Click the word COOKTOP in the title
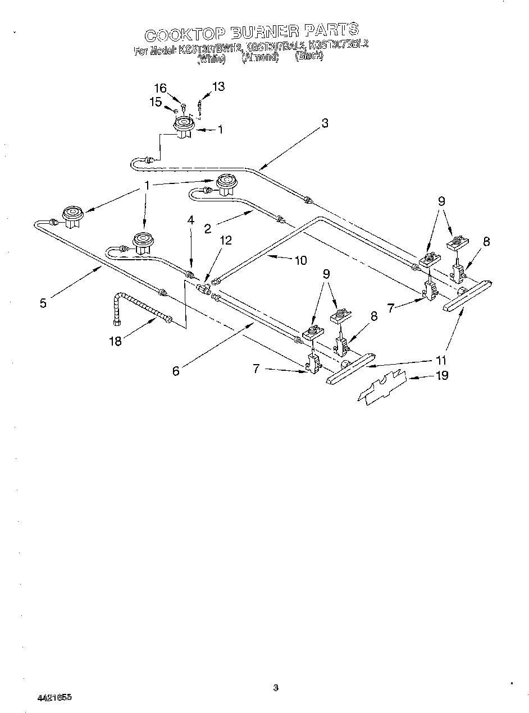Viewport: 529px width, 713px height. click(181, 34)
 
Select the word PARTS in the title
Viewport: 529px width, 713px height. click(331, 30)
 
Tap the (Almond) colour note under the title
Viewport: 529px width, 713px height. click(260, 57)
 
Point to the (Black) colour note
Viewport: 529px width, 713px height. click(309, 56)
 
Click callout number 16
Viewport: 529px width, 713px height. click(161, 88)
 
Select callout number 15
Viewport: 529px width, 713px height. click(156, 102)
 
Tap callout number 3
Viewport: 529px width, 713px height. click(325, 124)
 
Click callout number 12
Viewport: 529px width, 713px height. click(225, 241)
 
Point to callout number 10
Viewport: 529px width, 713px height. click(300, 260)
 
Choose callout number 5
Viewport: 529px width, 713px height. click(43, 303)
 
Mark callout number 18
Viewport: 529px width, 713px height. click(115, 341)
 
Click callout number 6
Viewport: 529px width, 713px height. click(176, 371)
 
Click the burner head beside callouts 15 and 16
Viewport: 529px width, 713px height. click(183, 127)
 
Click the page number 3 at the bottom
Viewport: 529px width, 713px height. click(275, 687)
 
